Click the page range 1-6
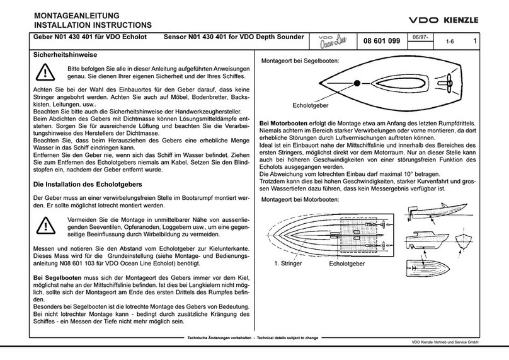449,42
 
